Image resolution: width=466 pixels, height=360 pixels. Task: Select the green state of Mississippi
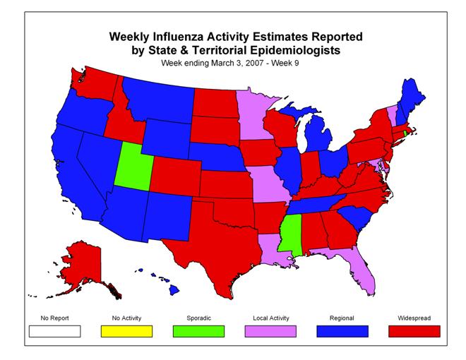(289, 234)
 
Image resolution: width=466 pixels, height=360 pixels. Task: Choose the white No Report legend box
(54, 330)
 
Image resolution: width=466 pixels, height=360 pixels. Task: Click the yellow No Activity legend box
(126, 330)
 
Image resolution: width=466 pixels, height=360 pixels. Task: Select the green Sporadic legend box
(198, 330)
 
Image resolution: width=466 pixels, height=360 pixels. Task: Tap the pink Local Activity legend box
(270, 330)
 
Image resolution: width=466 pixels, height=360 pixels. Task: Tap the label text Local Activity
(270, 318)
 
